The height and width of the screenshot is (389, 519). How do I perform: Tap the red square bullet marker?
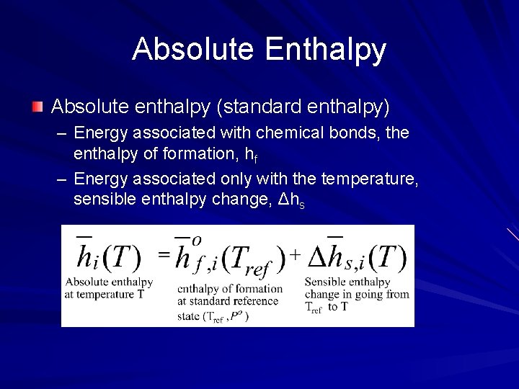tap(37, 107)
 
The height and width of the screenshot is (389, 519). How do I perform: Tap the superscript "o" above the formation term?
tap(196, 240)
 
